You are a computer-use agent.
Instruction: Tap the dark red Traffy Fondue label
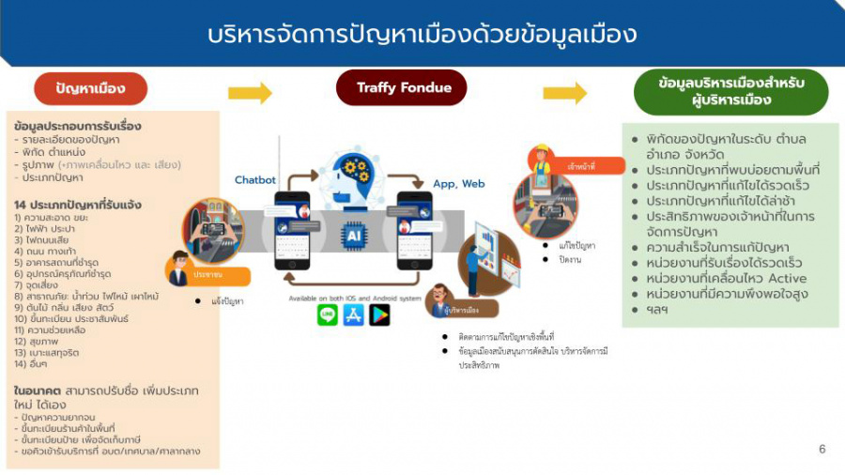pyautogui.click(x=403, y=88)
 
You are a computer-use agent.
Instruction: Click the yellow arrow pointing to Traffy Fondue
pyautogui.click(x=250, y=93)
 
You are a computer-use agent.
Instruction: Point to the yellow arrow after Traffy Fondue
pyautogui.click(x=564, y=93)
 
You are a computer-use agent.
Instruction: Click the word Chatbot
pyautogui.click(x=254, y=179)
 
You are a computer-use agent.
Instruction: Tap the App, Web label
pyautogui.click(x=458, y=185)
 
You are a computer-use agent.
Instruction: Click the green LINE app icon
pyautogui.click(x=327, y=314)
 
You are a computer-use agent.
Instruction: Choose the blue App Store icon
pyautogui.click(x=353, y=314)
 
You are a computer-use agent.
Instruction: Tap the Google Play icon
pyautogui.click(x=379, y=314)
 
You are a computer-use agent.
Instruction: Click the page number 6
pyautogui.click(x=822, y=449)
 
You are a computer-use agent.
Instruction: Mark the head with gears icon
pyautogui.click(x=356, y=177)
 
